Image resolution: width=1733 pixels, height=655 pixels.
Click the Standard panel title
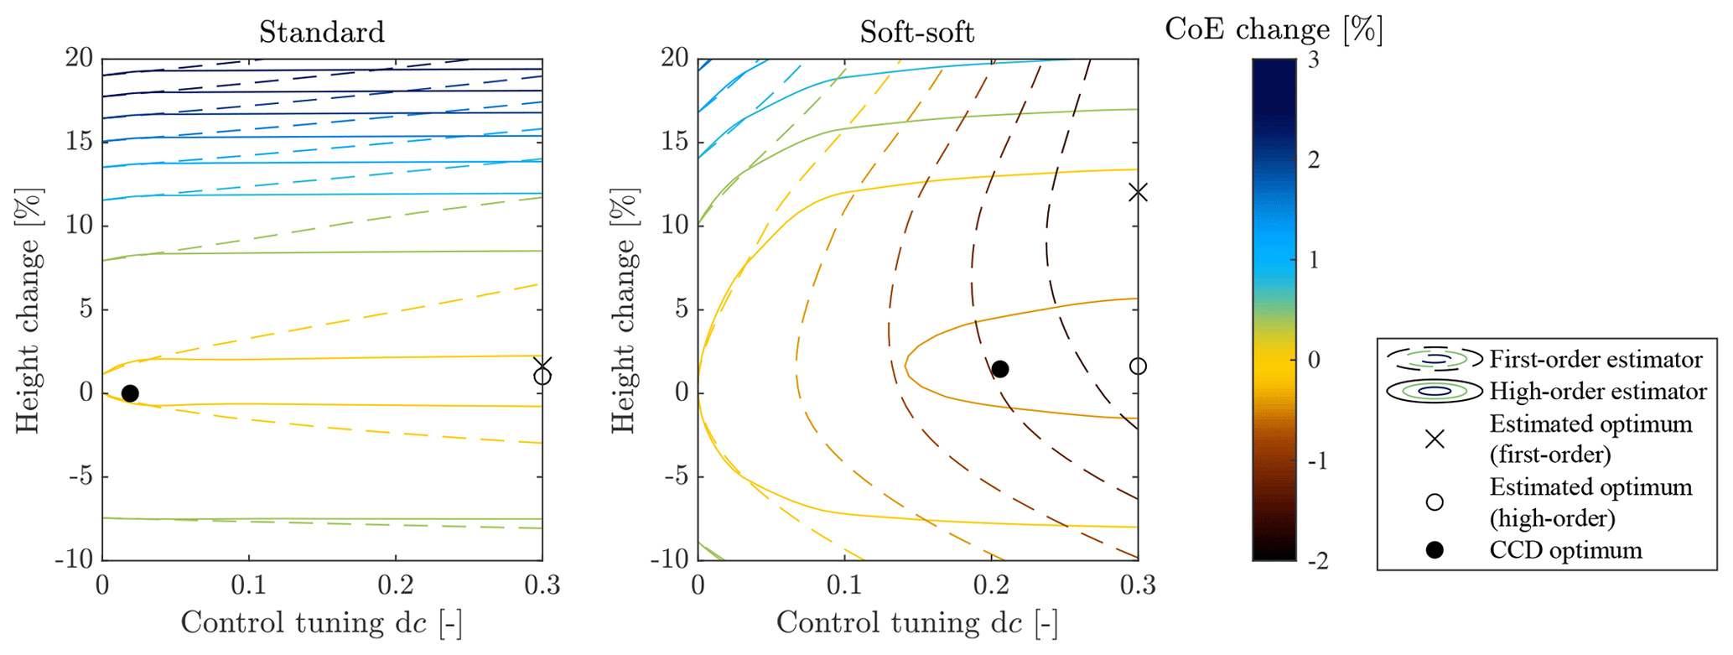[x=322, y=32]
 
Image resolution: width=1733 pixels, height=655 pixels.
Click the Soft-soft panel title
[x=917, y=32]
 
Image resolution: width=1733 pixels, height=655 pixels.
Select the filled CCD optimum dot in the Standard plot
[x=130, y=393]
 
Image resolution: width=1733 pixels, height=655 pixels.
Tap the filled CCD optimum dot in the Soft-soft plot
[x=999, y=369]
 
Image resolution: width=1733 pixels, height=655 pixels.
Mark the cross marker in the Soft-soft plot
[x=1138, y=192]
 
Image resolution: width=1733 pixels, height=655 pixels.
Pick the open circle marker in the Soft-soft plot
[x=1138, y=366]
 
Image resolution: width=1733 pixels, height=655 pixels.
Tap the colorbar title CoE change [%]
[x=1274, y=30]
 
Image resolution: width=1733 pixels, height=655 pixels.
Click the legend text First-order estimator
[x=1596, y=359]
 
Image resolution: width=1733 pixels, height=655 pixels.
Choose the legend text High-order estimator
[x=1598, y=391]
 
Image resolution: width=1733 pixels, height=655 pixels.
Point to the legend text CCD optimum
[x=1565, y=550]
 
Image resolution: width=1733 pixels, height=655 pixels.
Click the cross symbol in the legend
[x=1435, y=439]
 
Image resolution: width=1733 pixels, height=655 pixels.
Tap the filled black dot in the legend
[x=1435, y=550]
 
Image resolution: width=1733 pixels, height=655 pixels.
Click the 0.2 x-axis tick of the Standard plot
[x=396, y=585]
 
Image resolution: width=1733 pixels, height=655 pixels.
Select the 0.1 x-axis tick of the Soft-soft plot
[x=844, y=585]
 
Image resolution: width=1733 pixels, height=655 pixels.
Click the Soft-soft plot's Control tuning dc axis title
[x=917, y=622]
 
